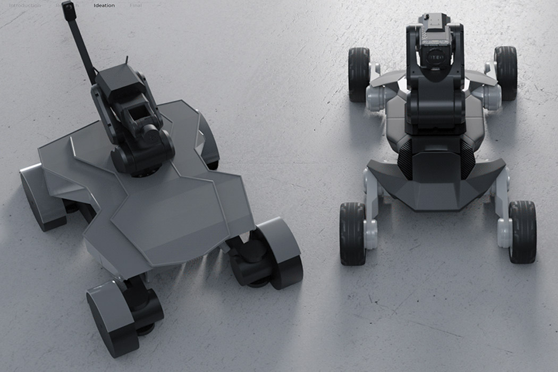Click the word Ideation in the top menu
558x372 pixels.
[104, 6]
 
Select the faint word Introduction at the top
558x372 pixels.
[24, 6]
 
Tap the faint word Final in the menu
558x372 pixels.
[136, 6]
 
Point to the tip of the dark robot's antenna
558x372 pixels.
[67, 6]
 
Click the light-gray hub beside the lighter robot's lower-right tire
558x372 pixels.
[504, 232]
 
